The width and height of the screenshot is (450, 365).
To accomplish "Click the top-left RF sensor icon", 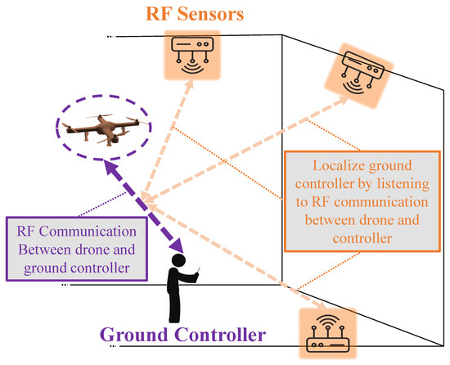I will [x=190, y=53].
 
